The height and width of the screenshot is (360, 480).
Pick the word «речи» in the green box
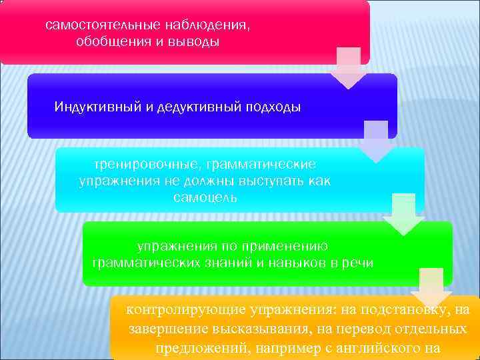click(x=359, y=263)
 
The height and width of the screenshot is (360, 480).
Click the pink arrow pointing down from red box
click(x=348, y=67)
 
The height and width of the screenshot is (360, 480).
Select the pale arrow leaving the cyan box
click(x=403, y=214)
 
